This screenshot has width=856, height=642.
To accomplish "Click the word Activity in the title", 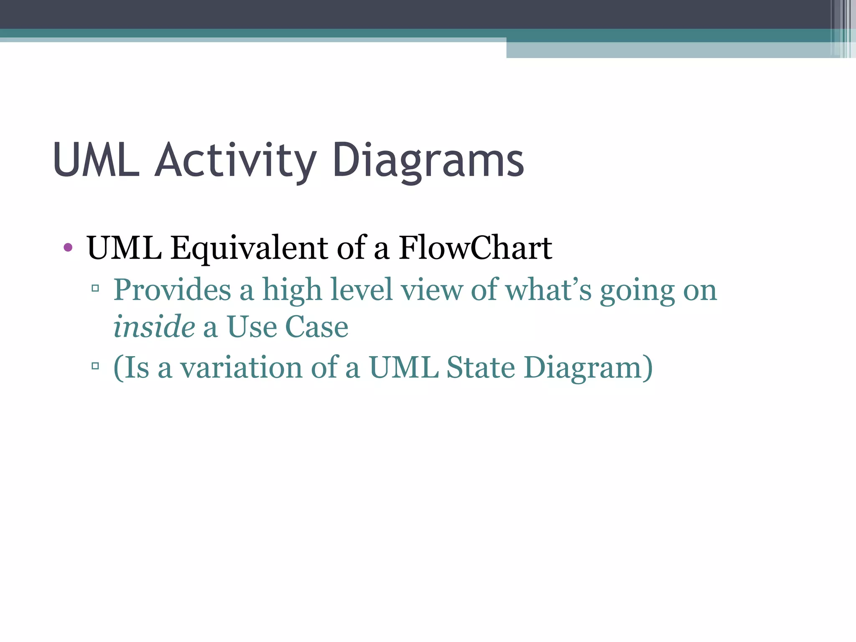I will pos(235,161).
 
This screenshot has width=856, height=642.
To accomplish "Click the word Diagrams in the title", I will pos(428,161).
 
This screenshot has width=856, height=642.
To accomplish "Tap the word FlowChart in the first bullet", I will pos(475,248).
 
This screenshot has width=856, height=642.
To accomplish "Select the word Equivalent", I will pos(249,248).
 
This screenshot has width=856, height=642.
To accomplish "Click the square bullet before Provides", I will pos(95,288).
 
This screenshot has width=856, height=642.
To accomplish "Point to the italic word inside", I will pos(154,326).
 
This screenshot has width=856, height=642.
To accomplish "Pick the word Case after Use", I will pos(316,326).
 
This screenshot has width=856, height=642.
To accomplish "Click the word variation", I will pos(241,367).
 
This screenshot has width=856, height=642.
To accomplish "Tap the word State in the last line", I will pos(480,367).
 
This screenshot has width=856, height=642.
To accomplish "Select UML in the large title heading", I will pos(96,161).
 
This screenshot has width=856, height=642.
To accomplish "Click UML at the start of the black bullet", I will pos(124,248).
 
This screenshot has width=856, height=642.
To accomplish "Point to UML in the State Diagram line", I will pos(403,367).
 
